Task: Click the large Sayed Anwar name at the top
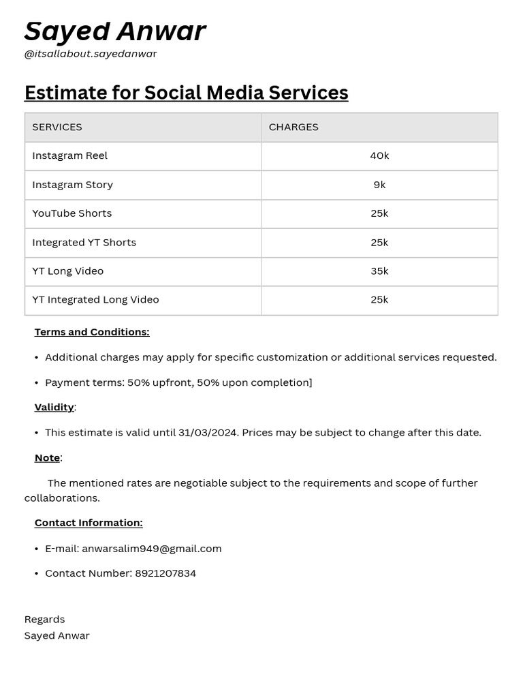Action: pos(114,31)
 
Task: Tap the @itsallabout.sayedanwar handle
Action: pos(91,54)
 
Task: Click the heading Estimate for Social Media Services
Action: pos(186,93)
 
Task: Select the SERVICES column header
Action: pos(57,127)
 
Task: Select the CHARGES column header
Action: pos(294,127)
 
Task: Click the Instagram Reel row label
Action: pos(69,155)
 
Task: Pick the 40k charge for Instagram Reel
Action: pos(379,155)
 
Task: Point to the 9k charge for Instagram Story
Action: pos(379,185)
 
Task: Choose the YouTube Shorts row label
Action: pos(72,213)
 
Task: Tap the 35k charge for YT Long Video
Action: pos(379,271)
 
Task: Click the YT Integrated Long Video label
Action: pos(95,300)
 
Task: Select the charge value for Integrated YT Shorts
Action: pos(379,243)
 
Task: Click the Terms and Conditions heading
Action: pos(92,332)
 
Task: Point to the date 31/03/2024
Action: pos(208,433)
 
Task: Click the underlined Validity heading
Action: pos(54,407)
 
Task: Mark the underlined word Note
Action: pos(47,458)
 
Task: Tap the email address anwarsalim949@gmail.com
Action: pos(152,549)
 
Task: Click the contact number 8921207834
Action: pos(165,573)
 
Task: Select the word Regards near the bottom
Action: pos(44,620)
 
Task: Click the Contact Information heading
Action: pos(89,523)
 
